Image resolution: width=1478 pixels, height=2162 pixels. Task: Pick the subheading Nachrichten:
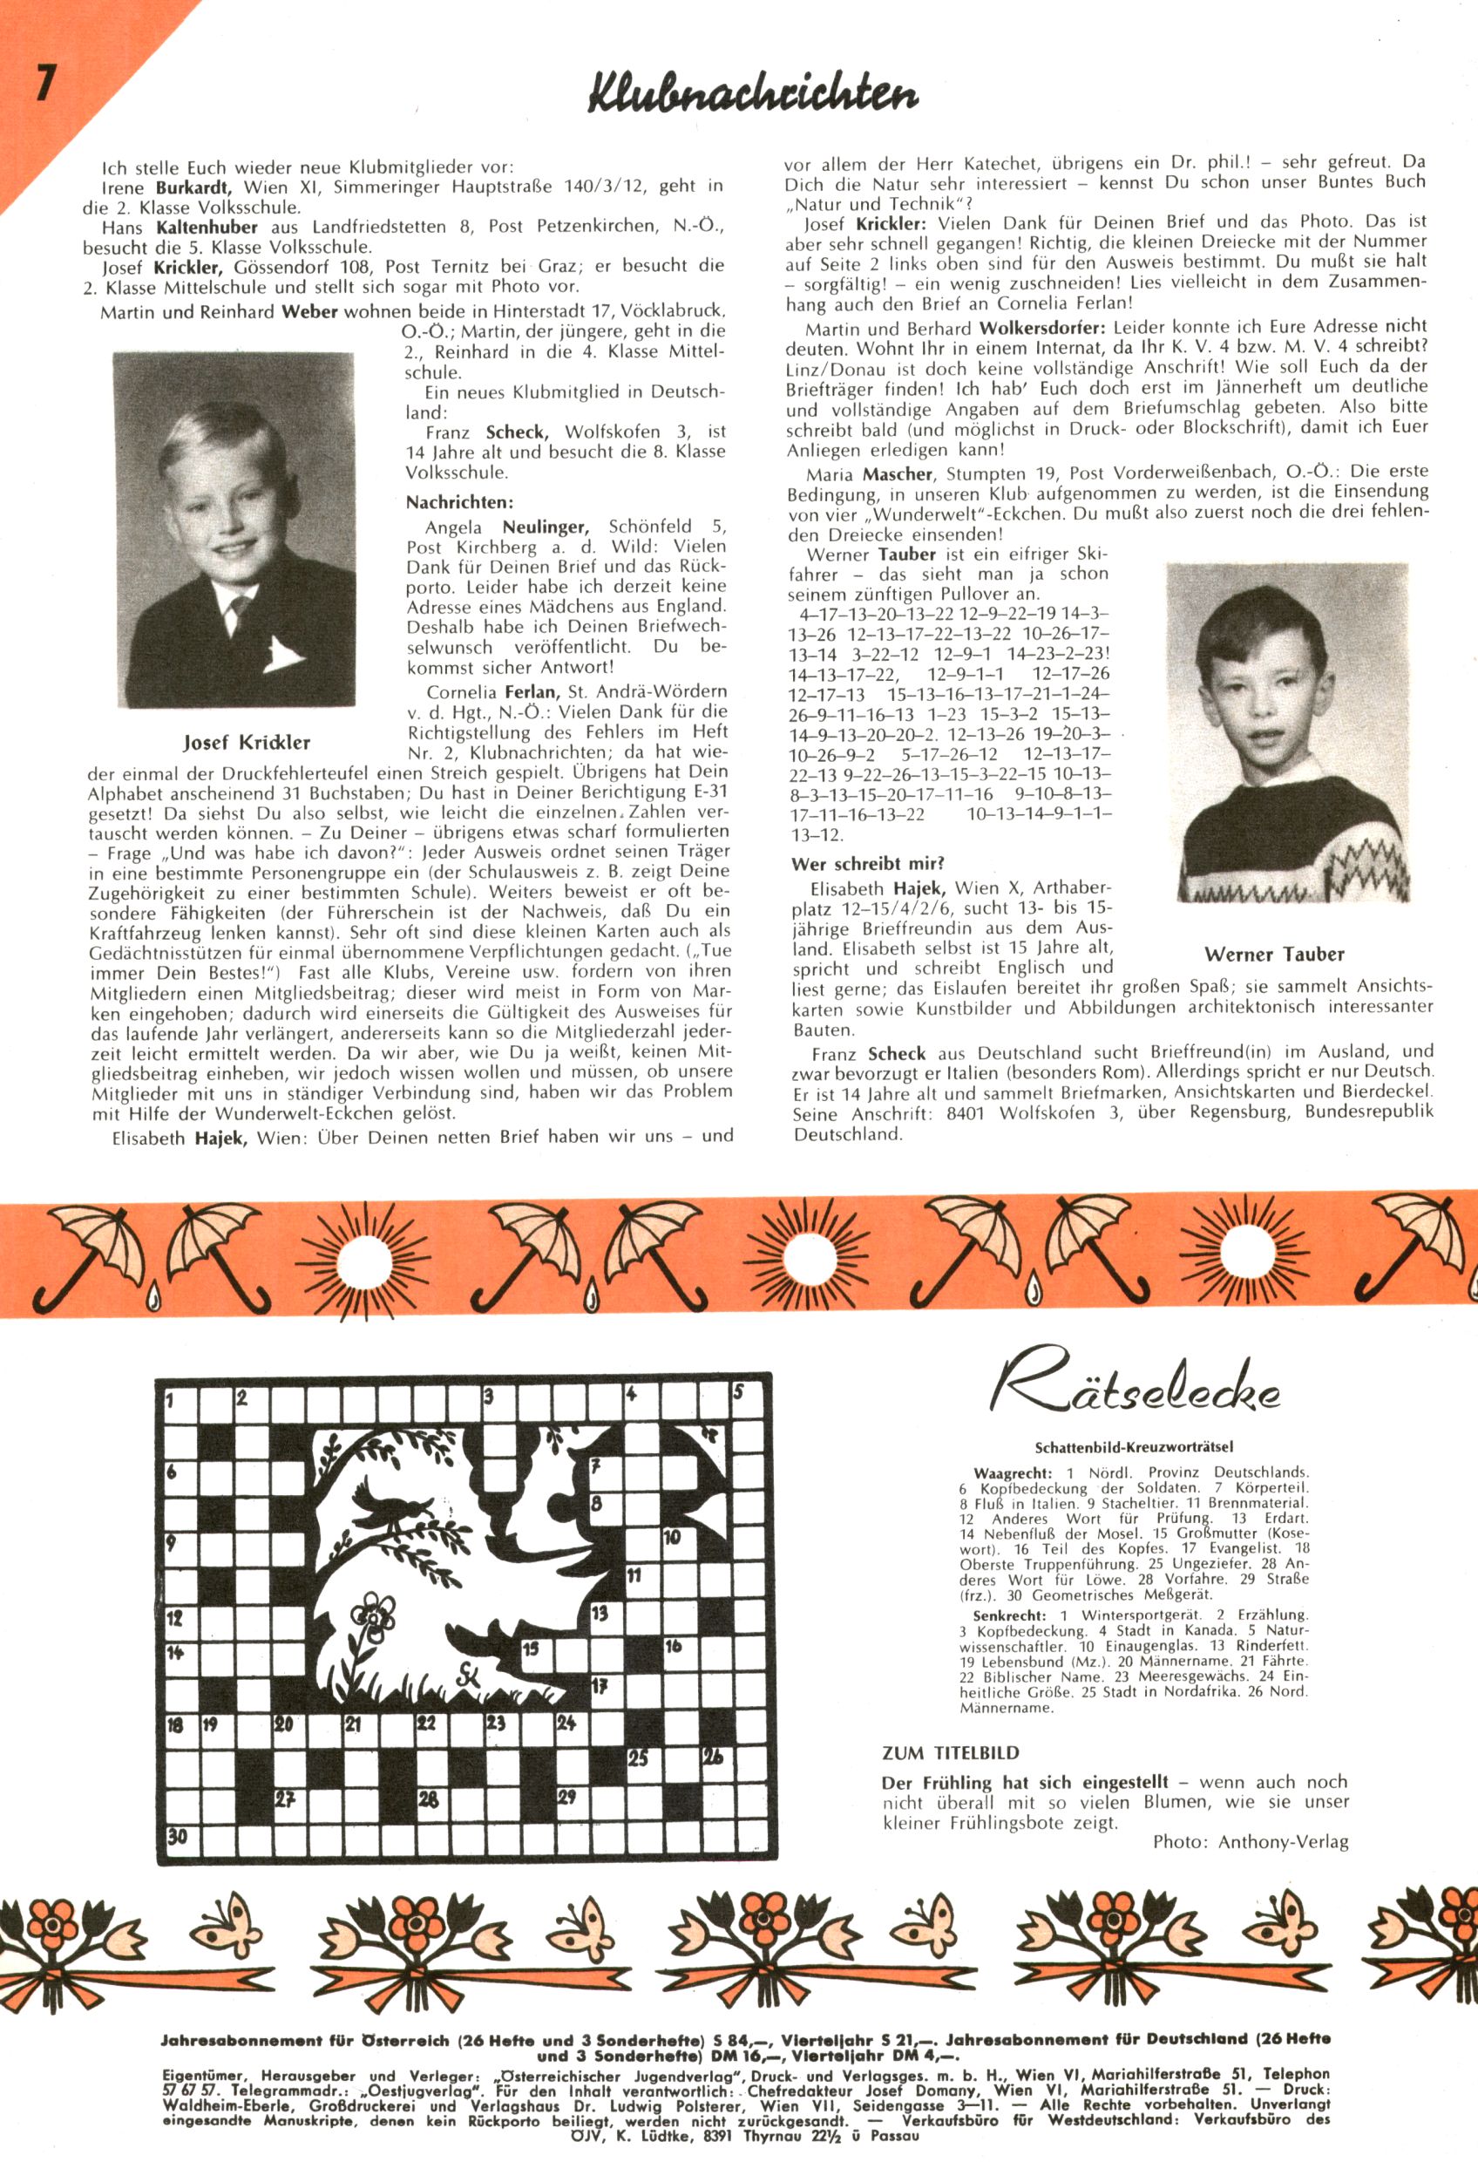tap(458, 502)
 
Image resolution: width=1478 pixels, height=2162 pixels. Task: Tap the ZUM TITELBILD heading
tap(950, 1752)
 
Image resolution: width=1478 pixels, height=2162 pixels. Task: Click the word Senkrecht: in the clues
tap(1009, 1615)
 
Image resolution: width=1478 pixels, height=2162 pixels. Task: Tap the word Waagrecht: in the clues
tap(1012, 1472)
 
